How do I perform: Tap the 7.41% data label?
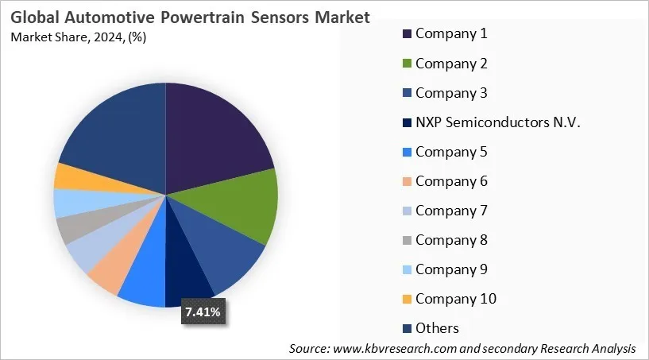pos(203,312)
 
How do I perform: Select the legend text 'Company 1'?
pos(450,33)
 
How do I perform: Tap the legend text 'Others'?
pos(437,328)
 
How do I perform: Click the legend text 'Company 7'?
pos(450,211)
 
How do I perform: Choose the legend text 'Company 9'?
pos(450,269)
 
